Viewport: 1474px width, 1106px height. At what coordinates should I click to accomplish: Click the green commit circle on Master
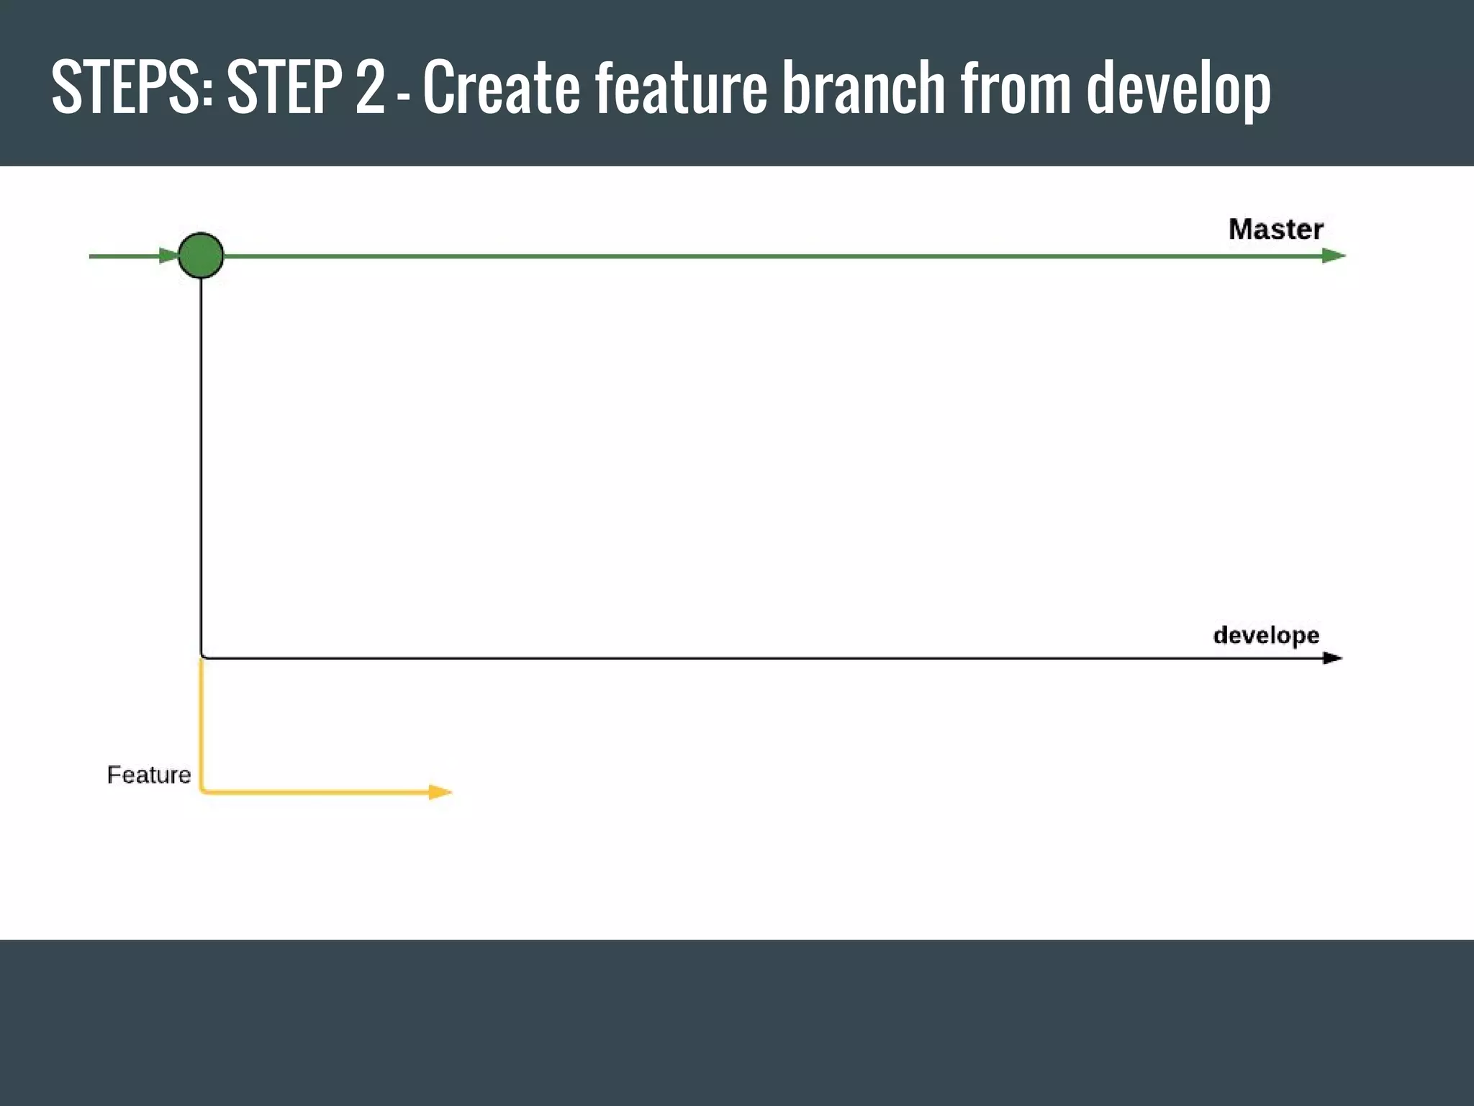(201, 256)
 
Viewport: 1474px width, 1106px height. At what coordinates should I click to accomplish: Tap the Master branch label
(1275, 230)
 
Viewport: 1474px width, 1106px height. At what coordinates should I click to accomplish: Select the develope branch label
(1266, 635)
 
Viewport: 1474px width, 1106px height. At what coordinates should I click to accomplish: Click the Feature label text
(149, 775)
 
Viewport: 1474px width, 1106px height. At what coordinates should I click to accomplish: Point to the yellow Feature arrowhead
(440, 792)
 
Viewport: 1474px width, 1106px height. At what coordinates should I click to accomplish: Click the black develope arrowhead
(1332, 658)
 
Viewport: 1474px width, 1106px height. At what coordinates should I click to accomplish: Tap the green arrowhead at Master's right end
(1334, 256)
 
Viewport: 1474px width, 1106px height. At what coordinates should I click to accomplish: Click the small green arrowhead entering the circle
(169, 256)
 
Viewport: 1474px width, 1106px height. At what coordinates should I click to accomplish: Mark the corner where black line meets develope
(202, 657)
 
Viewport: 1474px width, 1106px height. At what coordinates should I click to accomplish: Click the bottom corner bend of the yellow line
(202, 791)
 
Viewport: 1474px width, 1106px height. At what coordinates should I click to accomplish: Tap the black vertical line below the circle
(201, 461)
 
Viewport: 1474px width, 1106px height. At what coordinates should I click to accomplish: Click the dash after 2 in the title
(403, 94)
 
